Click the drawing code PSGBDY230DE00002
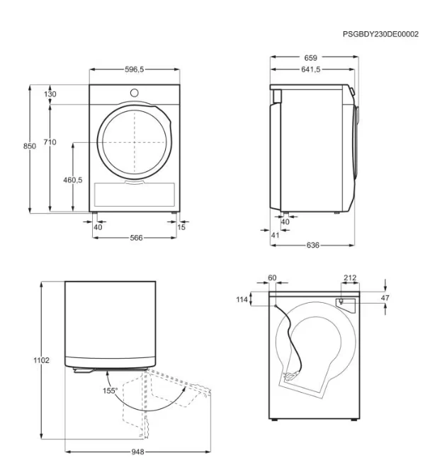380,34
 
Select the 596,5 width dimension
135,69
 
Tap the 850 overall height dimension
30,146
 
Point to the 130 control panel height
50,94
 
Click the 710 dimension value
50,142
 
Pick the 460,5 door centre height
73,180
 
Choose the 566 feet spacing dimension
136,238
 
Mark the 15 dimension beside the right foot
181,227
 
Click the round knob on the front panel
135,93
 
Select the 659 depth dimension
311,58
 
